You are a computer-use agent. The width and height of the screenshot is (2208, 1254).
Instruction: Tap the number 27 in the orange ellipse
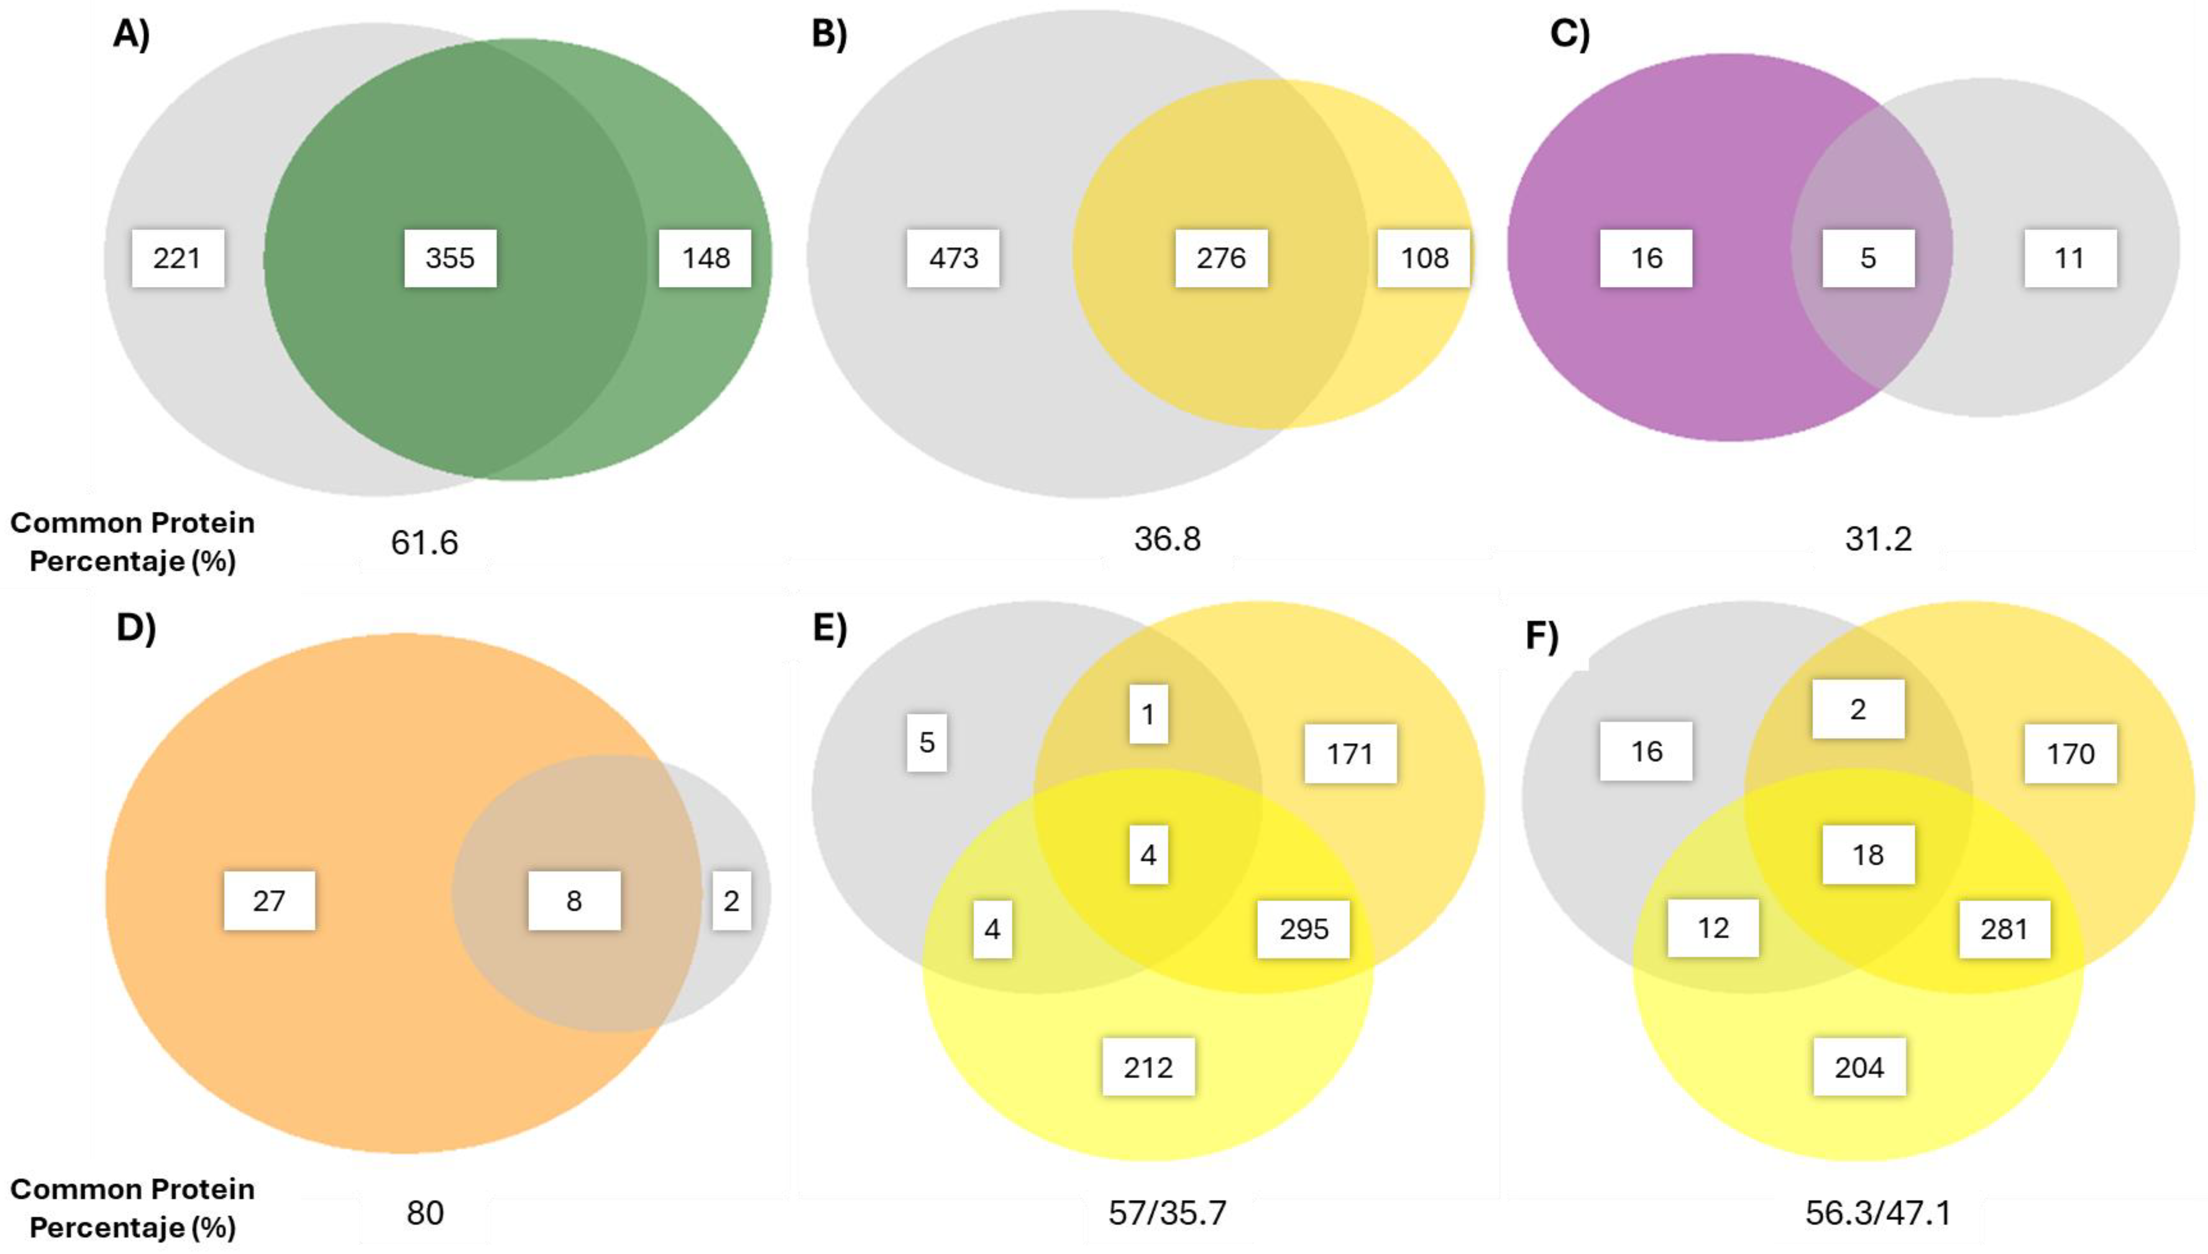point(269,901)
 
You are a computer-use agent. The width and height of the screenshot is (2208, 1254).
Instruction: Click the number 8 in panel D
point(574,901)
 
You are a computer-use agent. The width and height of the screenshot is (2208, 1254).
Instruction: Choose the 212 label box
point(1148,1067)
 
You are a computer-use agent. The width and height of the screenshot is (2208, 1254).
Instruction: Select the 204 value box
point(1859,1067)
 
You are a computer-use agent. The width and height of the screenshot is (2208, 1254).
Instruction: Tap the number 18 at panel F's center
point(1867,854)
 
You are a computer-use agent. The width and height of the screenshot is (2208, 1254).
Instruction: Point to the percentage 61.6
point(424,543)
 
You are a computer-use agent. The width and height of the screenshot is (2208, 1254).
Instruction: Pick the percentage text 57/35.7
point(1166,1213)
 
